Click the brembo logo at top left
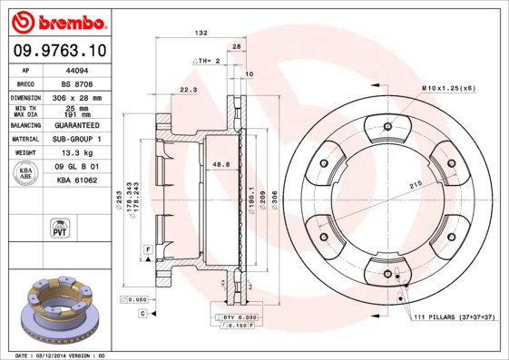(59, 21)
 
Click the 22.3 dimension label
(188, 90)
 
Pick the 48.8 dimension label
(220, 164)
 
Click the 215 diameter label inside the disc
(416, 185)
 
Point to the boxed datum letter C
(142, 313)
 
